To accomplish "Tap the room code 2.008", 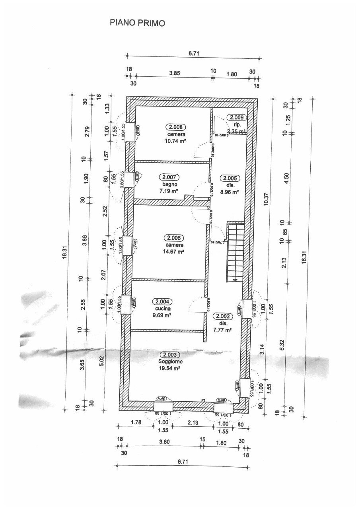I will click(175, 127).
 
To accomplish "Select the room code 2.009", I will click(237, 117).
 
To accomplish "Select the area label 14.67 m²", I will click(175, 252).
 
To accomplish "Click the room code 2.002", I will click(223, 317).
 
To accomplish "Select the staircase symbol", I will click(235, 252).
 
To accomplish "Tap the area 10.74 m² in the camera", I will click(175, 141).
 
